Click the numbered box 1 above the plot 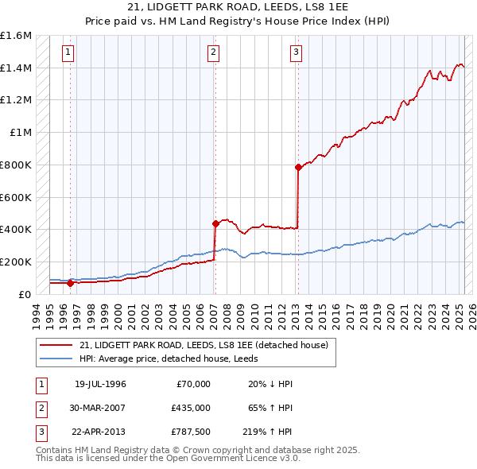click(69, 53)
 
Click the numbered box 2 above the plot click(214, 53)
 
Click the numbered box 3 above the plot click(296, 53)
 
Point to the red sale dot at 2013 click(298, 167)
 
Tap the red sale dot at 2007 click(215, 223)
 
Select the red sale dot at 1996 click(71, 282)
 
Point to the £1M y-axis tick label click(21, 132)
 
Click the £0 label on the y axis click(26, 294)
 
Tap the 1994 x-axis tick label click(37, 312)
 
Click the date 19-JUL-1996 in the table click(100, 383)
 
